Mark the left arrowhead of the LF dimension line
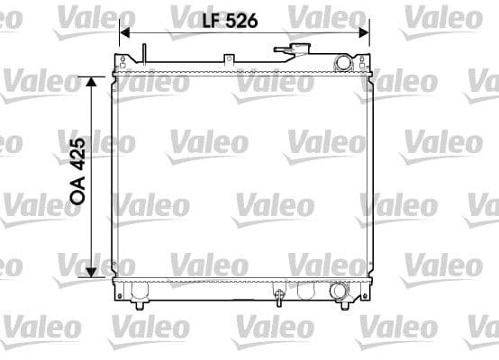124,31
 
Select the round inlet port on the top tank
342,61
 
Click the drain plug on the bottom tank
279,294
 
